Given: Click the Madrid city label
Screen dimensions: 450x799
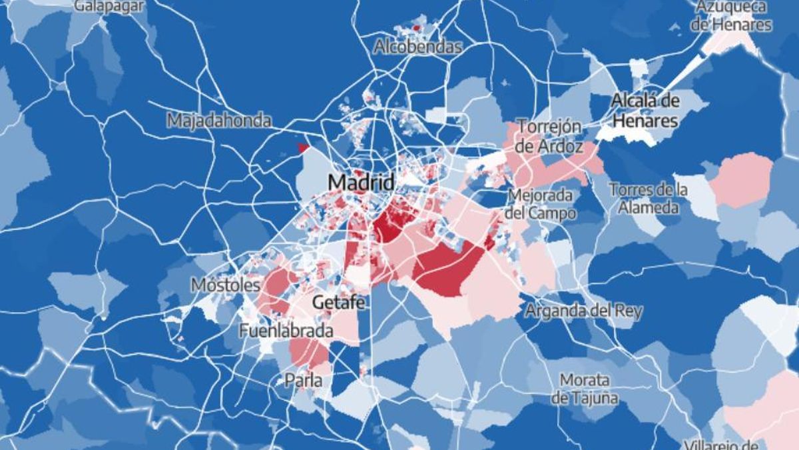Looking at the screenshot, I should [x=362, y=182].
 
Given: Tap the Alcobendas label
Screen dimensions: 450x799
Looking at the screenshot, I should [x=417, y=47].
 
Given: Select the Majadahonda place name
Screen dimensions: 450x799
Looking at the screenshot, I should [x=219, y=121].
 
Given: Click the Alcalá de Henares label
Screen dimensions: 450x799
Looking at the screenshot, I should [x=645, y=111].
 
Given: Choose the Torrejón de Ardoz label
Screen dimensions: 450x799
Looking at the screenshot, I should [x=550, y=136].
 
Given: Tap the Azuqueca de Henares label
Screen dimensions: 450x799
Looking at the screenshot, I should [x=731, y=16].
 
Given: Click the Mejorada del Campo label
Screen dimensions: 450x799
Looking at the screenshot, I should [x=540, y=204].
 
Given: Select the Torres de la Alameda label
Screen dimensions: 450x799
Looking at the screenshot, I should [x=648, y=198].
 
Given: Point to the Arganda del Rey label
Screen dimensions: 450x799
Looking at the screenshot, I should [x=583, y=311].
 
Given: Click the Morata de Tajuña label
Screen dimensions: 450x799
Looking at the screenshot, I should [x=584, y=389].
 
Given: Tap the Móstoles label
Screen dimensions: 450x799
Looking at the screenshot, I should [x=225, y=285].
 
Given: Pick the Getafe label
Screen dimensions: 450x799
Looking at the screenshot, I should [x=338, y=302].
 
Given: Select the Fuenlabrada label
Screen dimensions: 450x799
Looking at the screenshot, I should [x=286, y=330].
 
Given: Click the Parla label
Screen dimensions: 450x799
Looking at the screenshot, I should [x=303, y=381].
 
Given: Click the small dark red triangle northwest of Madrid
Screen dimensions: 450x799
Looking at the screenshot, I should [x=304, y=148].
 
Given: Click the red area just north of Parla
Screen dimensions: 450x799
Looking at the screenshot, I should [x=308, y=352].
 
